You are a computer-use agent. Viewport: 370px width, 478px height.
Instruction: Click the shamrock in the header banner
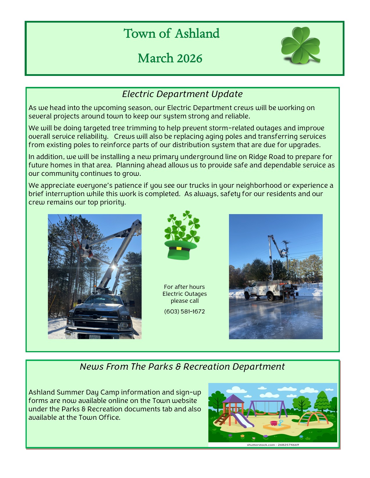[300, 45]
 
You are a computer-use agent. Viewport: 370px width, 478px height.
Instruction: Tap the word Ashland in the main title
[197, 34]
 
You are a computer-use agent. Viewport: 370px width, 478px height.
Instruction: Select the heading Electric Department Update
[182, 94]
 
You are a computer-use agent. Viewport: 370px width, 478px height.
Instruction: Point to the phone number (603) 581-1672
[185, 312]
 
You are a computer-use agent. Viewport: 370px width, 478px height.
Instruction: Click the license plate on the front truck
[95, 337]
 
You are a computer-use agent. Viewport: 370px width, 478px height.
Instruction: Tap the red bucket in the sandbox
[273, 423]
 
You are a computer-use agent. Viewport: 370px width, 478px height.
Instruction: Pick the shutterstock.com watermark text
[273, 445]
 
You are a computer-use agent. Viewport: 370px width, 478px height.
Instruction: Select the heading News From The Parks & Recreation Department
[182, 367]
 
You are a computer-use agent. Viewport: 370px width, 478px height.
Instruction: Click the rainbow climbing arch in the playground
[313, 417]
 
